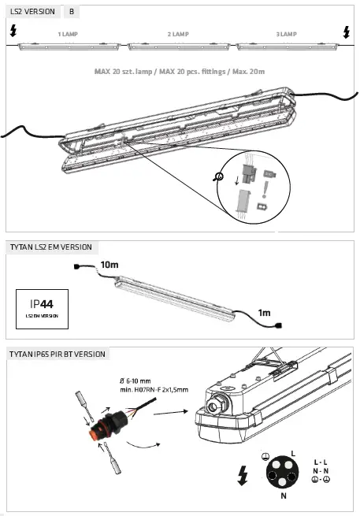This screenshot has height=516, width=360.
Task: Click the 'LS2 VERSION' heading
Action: pyautogui.click(x=32, y=13)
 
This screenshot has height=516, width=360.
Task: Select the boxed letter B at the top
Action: pyautogui.click(x=72, y=13)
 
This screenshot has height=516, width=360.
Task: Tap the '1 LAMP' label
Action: pyautogui.click(x=67, y=35)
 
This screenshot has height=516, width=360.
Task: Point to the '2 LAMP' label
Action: pyautogui.click(x=178, y=35)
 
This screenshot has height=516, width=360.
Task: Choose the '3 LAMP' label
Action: pyautogui.click(x=286, y=35)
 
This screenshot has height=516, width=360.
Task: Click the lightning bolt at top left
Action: pyautogui.click(x=12, y=32)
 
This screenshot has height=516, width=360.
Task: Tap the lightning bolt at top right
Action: pyautogui.click(x=347, y=32)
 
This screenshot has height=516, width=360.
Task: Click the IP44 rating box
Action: pyautogui.click(x=42, y=308)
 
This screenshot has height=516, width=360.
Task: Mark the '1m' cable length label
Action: pyautogui.click(x=265, y=314)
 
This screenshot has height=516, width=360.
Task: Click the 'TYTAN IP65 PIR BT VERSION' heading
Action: pyautogui.click(x=58, y=355)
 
